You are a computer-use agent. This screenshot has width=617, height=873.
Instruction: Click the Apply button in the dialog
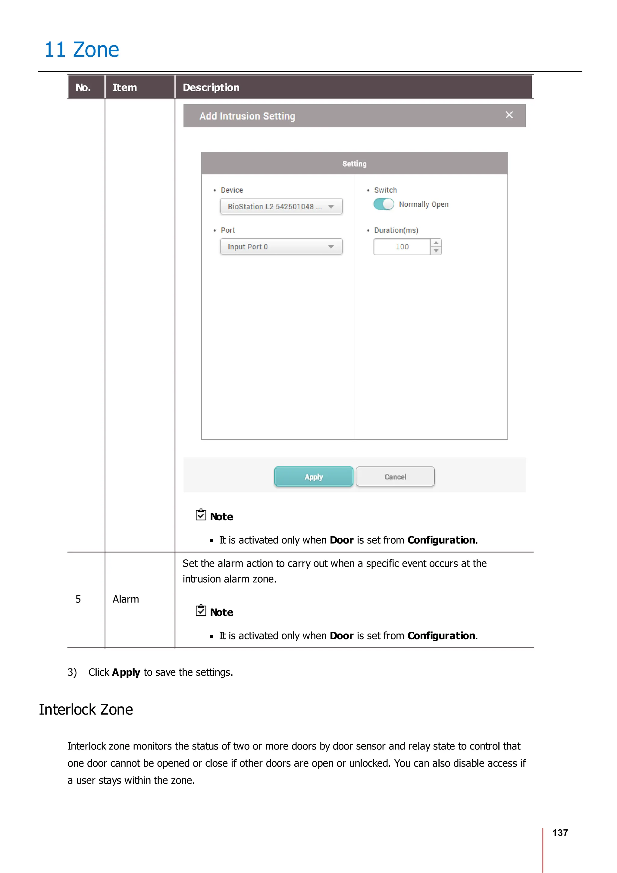[x=314, y=477]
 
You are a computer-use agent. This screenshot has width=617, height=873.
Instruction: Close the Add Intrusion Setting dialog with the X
[x=509, y=115]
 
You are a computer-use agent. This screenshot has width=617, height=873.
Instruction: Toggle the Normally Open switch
[x=384, y=204]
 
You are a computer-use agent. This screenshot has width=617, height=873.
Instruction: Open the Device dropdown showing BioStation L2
[x=281, y=206]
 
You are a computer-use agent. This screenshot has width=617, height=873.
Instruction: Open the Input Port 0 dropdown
[x=281, y=247]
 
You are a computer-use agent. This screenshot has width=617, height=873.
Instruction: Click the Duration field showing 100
[x=402, y=247]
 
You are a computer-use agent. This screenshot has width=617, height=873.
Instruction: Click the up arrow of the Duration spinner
[x=436, y=242]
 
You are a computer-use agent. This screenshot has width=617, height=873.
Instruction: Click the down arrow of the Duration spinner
[x=436, y=251]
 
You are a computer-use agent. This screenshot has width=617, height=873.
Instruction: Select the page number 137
[x=559, y=832]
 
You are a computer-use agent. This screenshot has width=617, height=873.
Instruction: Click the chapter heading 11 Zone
[x=82, y=50]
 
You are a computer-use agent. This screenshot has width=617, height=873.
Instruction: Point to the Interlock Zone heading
[x=86, y=709]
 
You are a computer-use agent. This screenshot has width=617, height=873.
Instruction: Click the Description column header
[x=211, y=87]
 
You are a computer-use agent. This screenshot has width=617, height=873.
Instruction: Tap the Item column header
[x=125, y=87]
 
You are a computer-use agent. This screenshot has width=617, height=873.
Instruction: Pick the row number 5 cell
[x=78, y=599]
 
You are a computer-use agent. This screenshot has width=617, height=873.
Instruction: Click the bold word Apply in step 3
[x=126, y=672]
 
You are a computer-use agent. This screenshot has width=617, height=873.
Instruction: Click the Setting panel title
[x=354, y=164]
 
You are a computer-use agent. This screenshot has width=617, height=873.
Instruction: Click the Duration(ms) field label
[x=396, y=230]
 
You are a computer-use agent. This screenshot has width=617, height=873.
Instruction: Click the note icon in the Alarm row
[x=201, y=610]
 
